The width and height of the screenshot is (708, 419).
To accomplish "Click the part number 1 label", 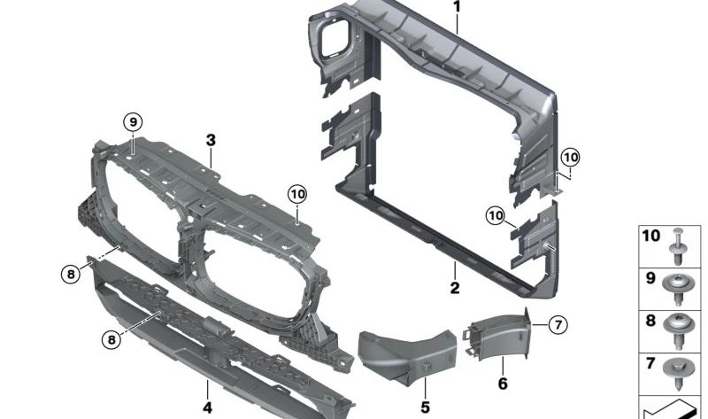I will [x=458, y=7].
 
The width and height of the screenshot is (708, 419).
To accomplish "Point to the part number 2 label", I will [x=454, y=288].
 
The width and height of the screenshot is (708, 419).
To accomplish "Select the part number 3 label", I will [x=211, y=140].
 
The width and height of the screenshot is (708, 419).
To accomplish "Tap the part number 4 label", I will [x=207, y=408].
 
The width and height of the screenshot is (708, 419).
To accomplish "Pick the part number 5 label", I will [x=425, y=407].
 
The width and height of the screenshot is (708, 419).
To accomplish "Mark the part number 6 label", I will [x=502, y=384].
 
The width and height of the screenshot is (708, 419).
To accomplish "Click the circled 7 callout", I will [x=557, y=325].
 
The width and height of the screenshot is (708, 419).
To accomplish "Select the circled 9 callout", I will [x=132, y=121].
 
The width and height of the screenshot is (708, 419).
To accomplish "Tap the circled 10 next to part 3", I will [x=296, y=193].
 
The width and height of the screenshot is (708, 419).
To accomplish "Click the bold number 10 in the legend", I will [x=650, y=237].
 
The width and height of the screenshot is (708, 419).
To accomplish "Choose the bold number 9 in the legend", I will [x=650, y=278].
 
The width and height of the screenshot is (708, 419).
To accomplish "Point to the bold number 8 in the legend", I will [x=650, y=321].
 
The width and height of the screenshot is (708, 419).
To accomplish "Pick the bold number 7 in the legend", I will [x=650, y=362].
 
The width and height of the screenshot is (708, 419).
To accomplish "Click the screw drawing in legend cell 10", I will [x=679, y=246].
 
